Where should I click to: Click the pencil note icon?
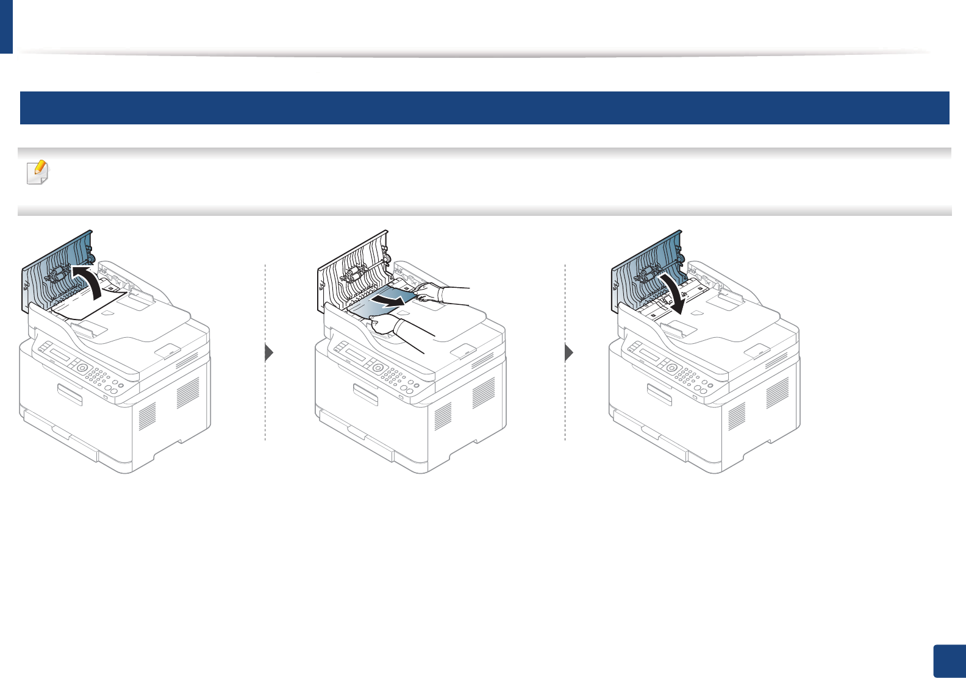(38, 173)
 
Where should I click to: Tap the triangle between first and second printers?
(269, 353)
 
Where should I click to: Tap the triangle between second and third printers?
(569, 353)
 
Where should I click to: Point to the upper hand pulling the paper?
(433, 291)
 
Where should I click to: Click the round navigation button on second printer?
(377, 368)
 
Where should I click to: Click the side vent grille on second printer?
(484, 393)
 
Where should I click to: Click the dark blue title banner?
(484, 108)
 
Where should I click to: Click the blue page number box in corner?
(950, 661)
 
